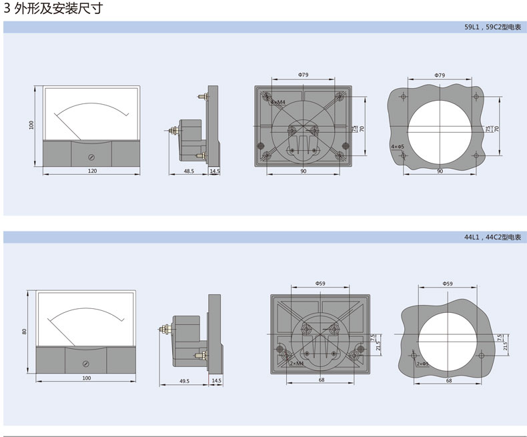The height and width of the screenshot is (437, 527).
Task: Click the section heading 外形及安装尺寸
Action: [x=58, y=9]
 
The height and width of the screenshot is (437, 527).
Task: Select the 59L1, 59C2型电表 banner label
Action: [x=492, y=27]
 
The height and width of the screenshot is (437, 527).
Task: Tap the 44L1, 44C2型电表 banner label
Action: [x=492, y=238]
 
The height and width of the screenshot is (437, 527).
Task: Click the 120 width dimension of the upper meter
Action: [x=92, y=171]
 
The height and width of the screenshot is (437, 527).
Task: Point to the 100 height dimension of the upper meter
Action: [x=31, y=125]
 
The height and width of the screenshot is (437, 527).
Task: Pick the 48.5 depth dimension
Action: [x=189, y=171]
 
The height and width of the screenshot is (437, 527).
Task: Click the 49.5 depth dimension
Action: [x=185, y=381]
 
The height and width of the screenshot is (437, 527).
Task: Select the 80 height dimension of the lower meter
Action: [x=24, y=332]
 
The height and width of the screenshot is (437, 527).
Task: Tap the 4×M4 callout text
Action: [x=278, y=102]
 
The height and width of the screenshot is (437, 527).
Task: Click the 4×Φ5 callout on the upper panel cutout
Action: [x=398, y=147]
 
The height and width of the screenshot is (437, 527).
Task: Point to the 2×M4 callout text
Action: [x=296, y=364]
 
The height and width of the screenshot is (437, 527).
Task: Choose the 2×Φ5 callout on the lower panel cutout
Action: [x=423, y=364]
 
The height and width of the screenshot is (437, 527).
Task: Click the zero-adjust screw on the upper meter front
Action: [x=91, y=157]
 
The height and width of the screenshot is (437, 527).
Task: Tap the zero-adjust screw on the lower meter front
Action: [x=85, y=364]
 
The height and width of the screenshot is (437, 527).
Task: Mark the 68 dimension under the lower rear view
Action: [x=322, y=380]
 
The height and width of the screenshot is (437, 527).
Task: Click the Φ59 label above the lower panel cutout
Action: [x=448, y=284]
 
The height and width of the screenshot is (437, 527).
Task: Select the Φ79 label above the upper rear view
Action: [x=303, y=75]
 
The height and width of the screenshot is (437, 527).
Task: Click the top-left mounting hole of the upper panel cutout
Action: [x=404, y=97]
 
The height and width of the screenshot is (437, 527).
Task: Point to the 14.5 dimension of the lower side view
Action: [x=216, y=380]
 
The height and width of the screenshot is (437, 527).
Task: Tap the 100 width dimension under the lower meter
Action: [x=86, y=378]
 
